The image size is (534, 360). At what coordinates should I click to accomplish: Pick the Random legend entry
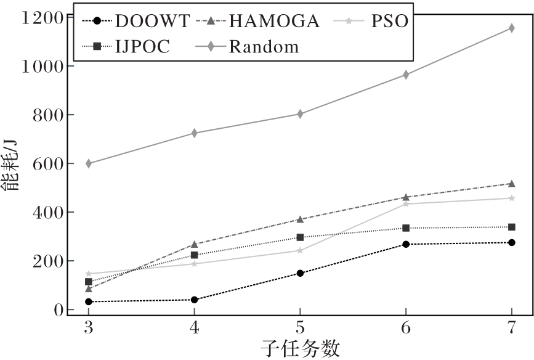coord(253,46)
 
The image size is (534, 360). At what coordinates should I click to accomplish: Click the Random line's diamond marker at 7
coord(511,28)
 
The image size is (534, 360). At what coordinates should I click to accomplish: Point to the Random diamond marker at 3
coord(89,163)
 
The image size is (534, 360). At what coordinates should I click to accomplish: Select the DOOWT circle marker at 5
coord(300,273)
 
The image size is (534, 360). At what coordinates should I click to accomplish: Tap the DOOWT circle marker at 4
coord(195,300)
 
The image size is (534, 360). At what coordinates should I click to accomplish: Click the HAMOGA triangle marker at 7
coord(511,184)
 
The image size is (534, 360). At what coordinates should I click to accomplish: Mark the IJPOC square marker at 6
coord(406,228)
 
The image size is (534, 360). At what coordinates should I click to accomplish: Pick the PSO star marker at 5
coord(300,250)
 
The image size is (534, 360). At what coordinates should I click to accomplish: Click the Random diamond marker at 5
coord(300,114)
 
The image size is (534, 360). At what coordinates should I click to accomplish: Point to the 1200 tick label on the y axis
coord(41,17)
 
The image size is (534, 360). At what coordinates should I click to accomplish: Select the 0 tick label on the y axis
coord(59,309)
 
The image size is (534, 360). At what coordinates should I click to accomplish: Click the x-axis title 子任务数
coord(300,348)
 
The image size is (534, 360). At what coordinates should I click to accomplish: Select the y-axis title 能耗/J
coord(12,166)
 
